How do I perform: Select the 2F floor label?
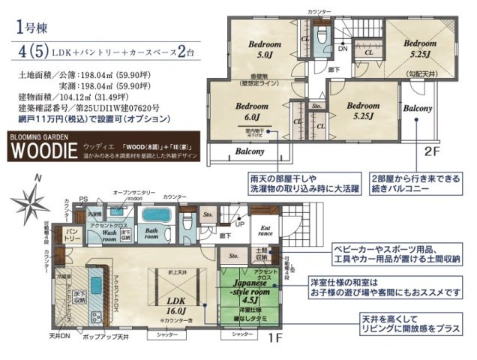(432, 149)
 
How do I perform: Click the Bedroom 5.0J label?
(264, 50)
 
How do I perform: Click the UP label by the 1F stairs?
(241, 223)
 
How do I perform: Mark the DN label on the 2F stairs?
(342, 49)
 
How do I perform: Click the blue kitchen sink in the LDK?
(94, 286)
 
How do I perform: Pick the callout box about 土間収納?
(398, 253)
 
